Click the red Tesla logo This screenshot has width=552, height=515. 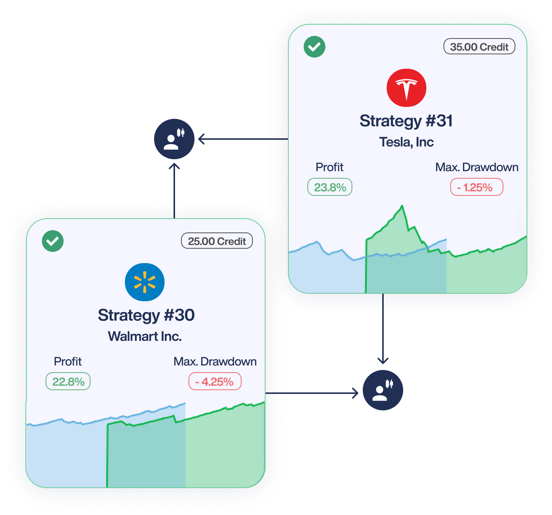point(406,88)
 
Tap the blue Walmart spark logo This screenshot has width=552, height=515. point(145,282)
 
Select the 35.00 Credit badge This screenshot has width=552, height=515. point(479,47)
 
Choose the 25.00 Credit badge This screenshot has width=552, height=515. point(217,241)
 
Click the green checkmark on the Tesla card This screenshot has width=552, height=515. point(315,47)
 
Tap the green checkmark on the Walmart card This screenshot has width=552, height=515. point(53,241)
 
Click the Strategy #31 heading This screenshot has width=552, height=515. point(406,121)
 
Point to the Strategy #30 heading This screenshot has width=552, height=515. point(146,315)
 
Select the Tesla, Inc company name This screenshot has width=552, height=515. point(406,142)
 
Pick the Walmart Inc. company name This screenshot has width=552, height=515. point(145,336)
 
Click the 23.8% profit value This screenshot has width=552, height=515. point(330,187)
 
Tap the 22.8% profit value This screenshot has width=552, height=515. point(68,382)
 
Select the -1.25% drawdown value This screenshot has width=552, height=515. point(476,187)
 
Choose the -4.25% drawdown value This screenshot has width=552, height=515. point(215,382)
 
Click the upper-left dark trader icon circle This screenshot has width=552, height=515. point(174,139)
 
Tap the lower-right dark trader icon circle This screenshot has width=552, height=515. point(383,390)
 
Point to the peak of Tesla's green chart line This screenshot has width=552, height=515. point(402,206)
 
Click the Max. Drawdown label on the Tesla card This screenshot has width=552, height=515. point(476,167)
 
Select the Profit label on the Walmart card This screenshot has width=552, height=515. point(68,361)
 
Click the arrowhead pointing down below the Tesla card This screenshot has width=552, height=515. point(383,361)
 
